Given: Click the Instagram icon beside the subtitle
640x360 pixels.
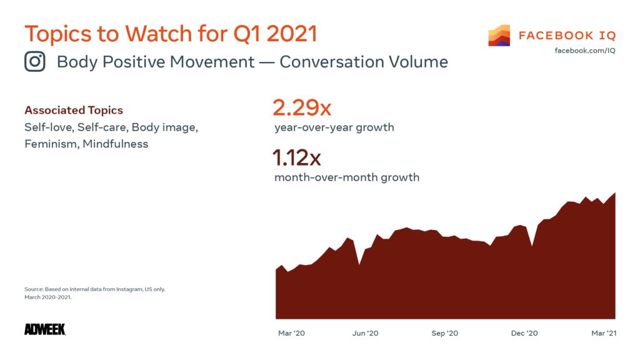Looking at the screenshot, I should [35, 62].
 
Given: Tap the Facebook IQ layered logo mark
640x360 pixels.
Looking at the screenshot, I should [499, 36].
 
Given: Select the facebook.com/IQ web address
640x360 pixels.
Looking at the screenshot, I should [585, 50].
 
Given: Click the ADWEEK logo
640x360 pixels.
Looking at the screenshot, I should [45, 329].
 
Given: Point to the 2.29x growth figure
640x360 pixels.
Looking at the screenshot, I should [302, 108].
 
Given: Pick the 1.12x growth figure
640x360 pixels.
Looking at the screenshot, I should [297, 158].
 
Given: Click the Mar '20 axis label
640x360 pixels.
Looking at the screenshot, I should [291, 333].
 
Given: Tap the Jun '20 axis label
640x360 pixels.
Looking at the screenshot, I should [365, 333].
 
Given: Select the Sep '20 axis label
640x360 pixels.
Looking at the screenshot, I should [444, 333].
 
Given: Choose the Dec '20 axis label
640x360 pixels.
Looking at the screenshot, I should [524, 333].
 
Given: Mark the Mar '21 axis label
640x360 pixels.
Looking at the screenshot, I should [602, 333].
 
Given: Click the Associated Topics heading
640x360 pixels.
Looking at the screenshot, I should [74, 111].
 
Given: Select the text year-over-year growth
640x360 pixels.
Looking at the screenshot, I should [334, 127].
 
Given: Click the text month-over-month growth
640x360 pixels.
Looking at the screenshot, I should [347, 177].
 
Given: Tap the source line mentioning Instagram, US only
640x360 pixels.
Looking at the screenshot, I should [94, 289].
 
